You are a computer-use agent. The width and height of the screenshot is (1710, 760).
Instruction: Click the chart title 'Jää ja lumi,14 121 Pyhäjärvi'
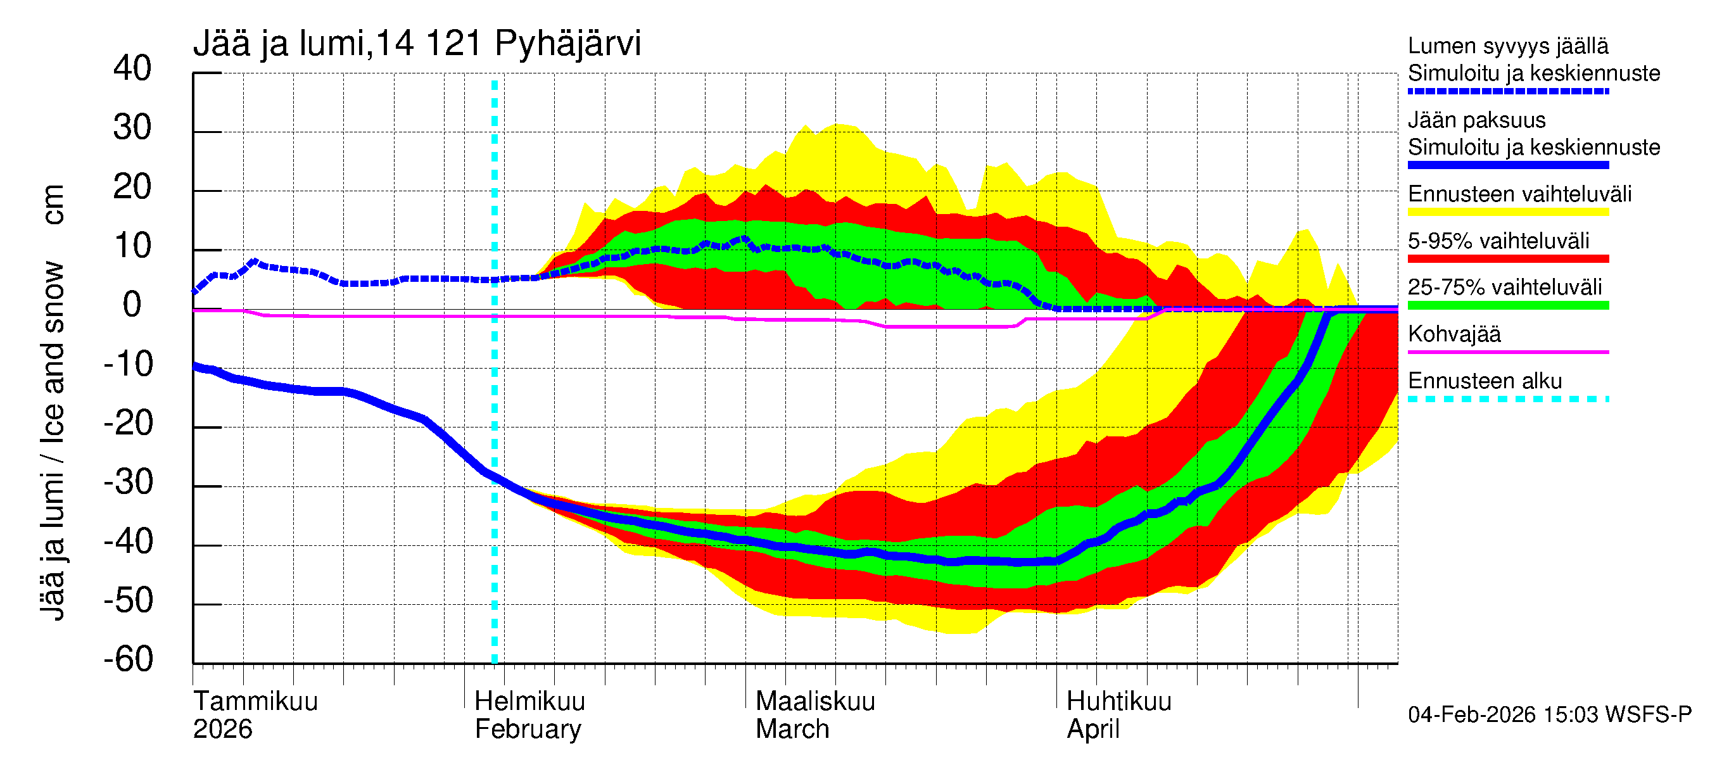point(417,44)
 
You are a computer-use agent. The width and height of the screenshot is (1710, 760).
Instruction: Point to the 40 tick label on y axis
point(132,68)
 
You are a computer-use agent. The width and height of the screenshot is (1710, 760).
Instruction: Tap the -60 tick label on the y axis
point(128,659)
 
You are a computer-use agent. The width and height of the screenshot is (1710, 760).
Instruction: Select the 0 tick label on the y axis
point(132,305)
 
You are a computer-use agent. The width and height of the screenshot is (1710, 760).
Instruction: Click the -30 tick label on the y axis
point(128,482)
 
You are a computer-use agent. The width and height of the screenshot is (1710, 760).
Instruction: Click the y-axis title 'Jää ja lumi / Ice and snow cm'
point(52,402)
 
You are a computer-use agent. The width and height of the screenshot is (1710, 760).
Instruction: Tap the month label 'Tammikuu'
point(256,701)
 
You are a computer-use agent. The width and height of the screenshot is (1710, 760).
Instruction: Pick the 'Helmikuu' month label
point(529,701)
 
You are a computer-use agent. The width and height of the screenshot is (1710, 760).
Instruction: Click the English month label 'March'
point(792,729)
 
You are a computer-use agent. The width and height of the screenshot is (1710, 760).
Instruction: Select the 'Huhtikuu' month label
point(1118,701)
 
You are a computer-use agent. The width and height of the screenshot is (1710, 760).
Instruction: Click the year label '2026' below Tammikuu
point(222,729)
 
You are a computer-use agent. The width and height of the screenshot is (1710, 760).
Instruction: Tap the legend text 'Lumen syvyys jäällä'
point(1507,46)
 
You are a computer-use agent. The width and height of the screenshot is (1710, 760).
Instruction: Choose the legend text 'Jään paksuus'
point(1476,120)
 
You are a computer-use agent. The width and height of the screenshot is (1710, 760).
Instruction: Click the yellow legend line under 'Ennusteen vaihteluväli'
point(1507,212)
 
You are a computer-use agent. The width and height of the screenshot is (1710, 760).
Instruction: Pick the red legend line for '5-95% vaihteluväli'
point(1507,259)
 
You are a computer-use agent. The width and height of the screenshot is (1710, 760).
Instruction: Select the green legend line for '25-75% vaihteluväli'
point(1507,305)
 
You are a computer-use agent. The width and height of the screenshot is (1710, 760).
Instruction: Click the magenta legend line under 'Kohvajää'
point(1507,351)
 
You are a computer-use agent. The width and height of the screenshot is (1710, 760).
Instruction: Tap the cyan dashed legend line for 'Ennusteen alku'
point(1507,399)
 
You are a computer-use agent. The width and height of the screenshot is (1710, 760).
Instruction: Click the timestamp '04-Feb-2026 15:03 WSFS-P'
point(1549,714)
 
